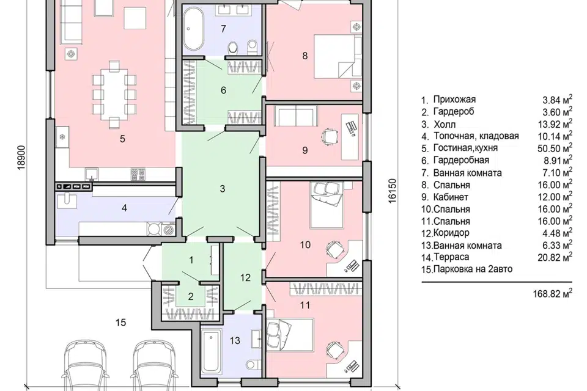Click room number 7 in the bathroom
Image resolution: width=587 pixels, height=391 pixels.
coord(224,29)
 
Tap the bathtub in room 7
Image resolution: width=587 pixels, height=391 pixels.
coord(193,29)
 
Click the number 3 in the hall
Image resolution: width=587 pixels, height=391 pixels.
coord(223,189)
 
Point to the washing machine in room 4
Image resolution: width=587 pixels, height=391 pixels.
coord(168,228)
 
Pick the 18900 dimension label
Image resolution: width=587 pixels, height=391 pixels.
coord(21,158)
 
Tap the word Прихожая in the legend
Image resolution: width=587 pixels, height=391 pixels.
coord(454,100)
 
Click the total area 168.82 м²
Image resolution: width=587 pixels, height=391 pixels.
coord(553,293)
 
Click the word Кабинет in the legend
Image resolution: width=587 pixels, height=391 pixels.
coord(451,197)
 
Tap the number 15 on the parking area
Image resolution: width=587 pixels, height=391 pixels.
coord(120,323)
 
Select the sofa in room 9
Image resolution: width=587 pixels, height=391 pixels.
coord(296,115)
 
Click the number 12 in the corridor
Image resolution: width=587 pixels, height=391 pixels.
coord(245,277)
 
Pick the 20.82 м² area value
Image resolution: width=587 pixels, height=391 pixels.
coord(555,257)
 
